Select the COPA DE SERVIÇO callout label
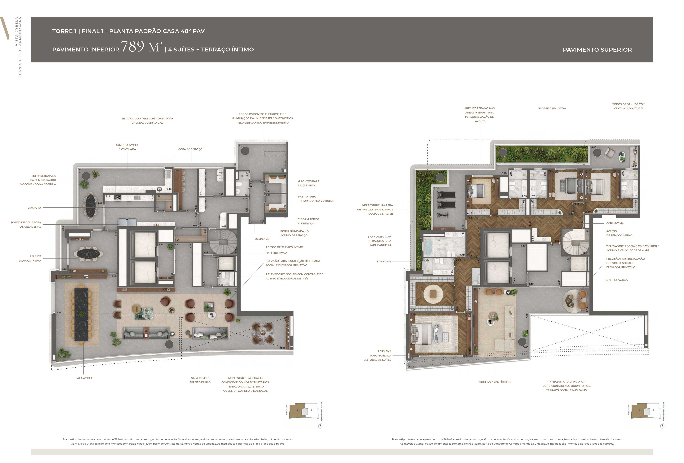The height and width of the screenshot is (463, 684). (x=190, y=149)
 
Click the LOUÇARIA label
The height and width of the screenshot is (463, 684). (x=34, y=208)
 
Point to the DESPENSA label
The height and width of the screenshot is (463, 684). (x=262, y=239)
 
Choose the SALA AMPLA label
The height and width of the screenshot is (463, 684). (x=84, y=378)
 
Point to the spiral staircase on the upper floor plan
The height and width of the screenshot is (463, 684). (x=575, y=241)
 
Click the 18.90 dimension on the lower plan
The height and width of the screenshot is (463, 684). (x=58, y=313)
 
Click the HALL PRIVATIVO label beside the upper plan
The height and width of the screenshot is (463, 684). (x=617, y=280)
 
